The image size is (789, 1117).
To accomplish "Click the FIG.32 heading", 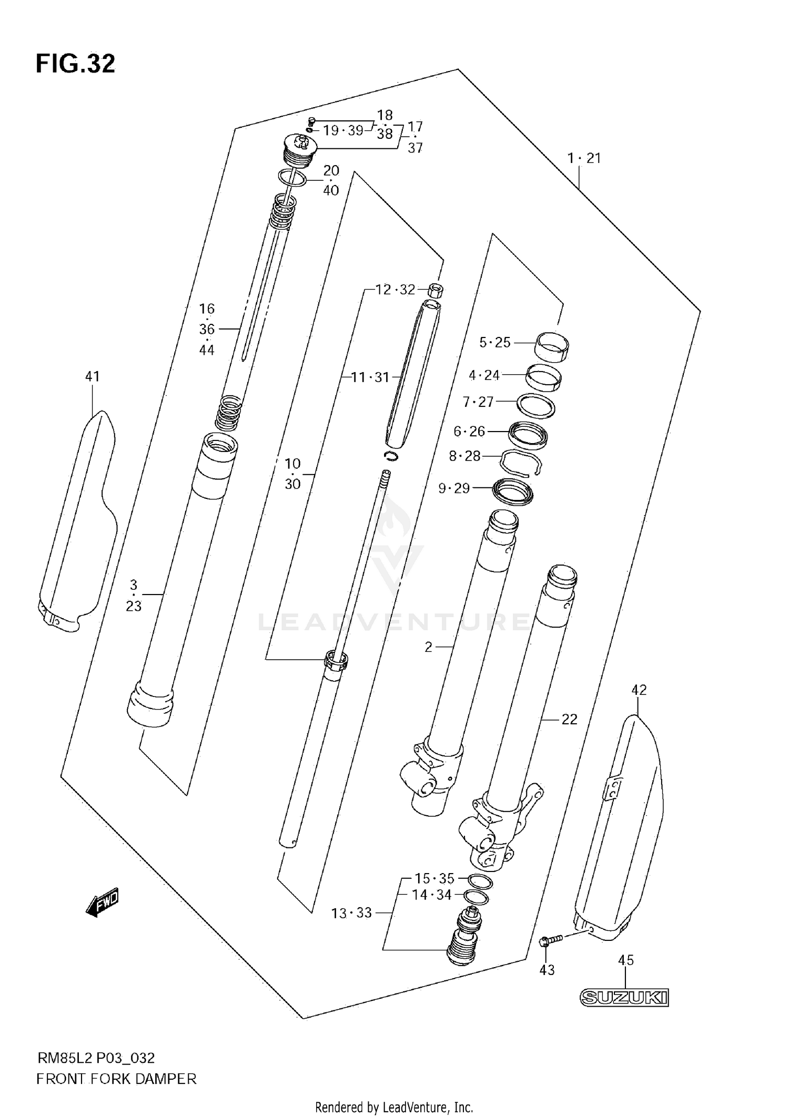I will click(x=75, y=64).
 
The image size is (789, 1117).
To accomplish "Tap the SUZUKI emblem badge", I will click(x=624, y=998).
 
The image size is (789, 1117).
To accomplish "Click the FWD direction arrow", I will click(x=103, y=903).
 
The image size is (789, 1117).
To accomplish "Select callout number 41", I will click(x=92, y=376).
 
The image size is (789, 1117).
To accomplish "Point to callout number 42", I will click(x=639, y=690).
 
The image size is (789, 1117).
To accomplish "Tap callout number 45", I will click(x=625, y=960).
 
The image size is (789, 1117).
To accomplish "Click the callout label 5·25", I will click(x=495, y=343).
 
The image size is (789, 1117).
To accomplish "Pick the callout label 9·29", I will click(x=454, y=488).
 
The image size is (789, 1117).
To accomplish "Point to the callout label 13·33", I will click(x=351, y=913).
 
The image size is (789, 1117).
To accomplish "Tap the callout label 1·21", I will click(x=584, y=158).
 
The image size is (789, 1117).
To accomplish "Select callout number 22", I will click(x=569, y=719).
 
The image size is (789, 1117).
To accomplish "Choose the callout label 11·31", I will click(x=370, y=377).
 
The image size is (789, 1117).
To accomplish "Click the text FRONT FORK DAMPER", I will click(x=116, y=1079).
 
